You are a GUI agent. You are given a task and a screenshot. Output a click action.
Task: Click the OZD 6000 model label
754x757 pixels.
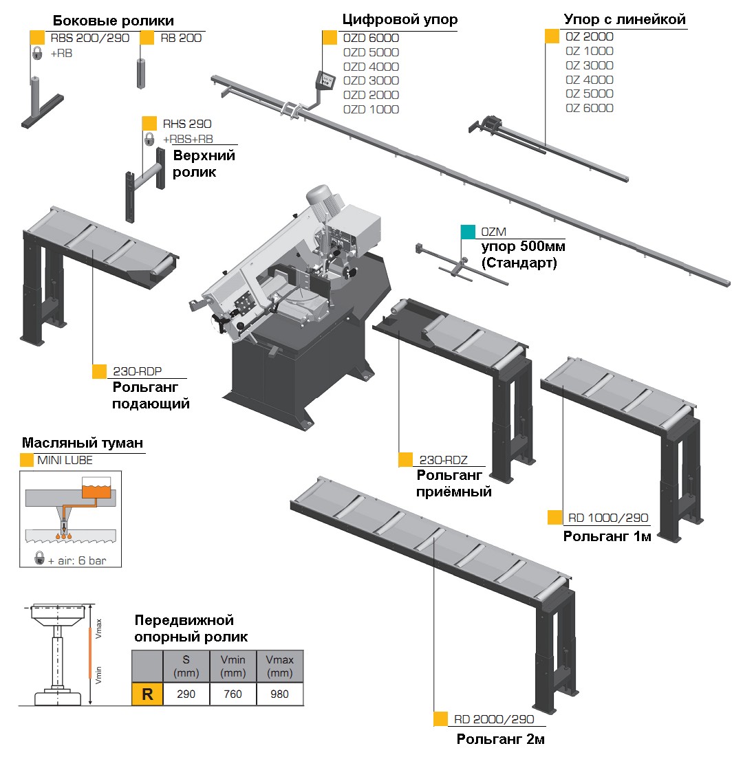tap(371, 38)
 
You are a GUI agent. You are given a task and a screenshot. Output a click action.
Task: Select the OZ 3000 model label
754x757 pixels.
tap(589, 65)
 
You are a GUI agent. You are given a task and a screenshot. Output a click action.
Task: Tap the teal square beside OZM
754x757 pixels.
tap(468, 232)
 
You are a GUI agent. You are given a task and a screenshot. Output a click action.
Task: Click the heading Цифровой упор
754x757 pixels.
tap(400, 19)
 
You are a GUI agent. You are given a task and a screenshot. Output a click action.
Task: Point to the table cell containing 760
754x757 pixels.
tap(233, 694)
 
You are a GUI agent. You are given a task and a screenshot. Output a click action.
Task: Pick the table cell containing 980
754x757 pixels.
tap(279, 694)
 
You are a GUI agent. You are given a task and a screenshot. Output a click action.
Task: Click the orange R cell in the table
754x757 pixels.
tap(147, 694)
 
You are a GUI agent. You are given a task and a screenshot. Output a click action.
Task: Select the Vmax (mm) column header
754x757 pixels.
tap(279, 666)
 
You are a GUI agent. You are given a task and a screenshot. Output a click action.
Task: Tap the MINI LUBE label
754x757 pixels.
tap(65, 460)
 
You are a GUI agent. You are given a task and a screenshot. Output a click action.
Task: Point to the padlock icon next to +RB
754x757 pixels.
tap(37, 53)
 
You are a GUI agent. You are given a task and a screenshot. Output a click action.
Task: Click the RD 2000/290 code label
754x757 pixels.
tap(494, 719)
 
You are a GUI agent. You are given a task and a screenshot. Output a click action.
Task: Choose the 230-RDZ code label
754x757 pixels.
tap(443, 460)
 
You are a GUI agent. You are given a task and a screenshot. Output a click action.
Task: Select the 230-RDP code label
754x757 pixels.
tap(138, 371)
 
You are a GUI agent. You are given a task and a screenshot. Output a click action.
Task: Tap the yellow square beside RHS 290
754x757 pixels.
tap(149, 124)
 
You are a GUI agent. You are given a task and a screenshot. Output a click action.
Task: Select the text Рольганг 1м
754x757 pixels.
tap(607, 536)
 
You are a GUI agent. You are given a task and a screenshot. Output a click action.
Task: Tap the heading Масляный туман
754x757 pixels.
tap(83, 443)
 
